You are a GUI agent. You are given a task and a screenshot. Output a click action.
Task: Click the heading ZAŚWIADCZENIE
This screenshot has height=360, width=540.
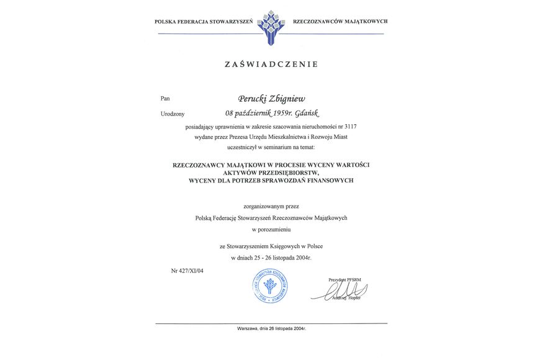coord(271,64)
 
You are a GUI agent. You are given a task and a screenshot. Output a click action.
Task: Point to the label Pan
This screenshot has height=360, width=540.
coord(164,98)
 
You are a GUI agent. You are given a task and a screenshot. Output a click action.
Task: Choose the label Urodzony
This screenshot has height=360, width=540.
coord(173,114)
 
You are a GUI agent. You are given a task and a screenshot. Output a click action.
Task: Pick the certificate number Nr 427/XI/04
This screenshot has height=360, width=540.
coord(187,270)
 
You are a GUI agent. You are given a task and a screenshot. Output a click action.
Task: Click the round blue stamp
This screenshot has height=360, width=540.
coord(270,286)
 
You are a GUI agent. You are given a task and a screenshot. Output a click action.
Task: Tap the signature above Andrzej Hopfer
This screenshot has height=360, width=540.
coord(344,291)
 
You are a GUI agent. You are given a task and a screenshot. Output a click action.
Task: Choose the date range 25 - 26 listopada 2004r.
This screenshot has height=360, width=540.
coord(286,257)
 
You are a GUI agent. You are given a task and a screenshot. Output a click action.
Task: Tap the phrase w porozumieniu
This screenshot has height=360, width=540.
coord(271,229)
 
